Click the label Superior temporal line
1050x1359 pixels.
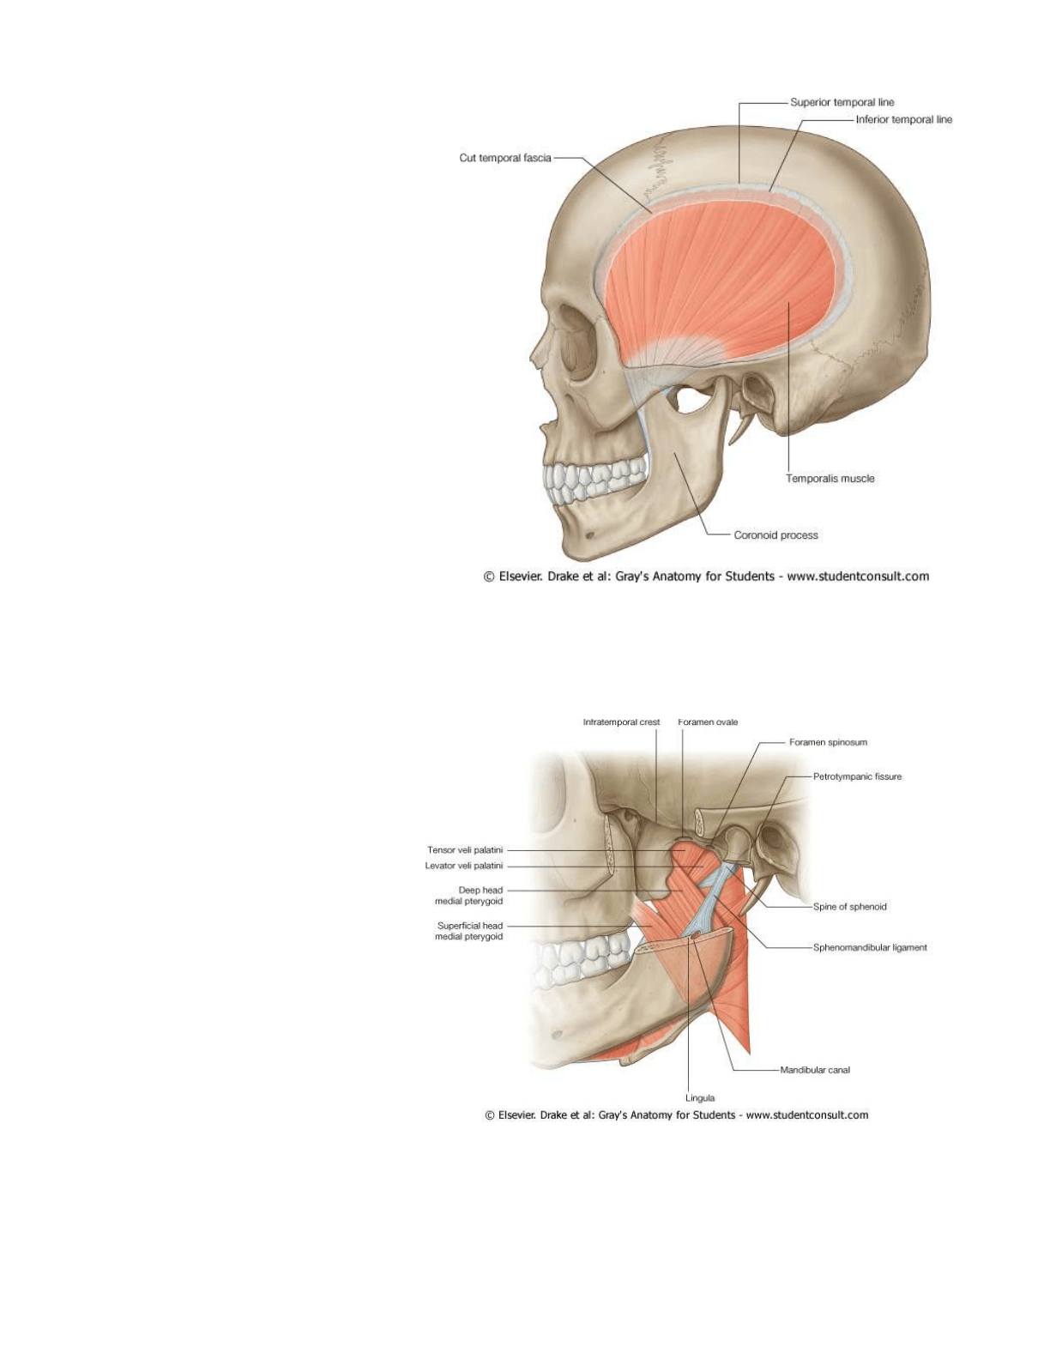(x=842, y=102)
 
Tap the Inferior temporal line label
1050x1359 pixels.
(x=903, y=119)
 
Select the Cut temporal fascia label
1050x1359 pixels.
(x=505, y=158)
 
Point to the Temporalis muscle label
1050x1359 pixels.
(x=830, y=479)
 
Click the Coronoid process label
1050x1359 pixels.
(x=775, y=535)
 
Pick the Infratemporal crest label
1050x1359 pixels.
(x=621, y=722)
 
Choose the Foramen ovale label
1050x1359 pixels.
(x=708, y=722)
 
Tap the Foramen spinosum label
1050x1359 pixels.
(x=828, y=742)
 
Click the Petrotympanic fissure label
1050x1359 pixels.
(x=857, y=776)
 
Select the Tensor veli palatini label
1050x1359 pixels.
(x=465, y=850)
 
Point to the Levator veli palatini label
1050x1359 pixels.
(x=464, y=866)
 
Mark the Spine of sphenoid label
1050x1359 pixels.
(x=849, y=907)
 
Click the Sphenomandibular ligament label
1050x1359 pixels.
(x=870, y=948)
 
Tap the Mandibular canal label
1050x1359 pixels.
(x=815, y=1070)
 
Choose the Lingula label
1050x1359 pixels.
(x=700, y=1098)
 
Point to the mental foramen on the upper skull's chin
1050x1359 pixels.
(x=591, y=536)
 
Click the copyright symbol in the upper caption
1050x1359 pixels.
(x=489, y=577)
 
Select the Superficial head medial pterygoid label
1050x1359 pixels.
(x=469, y=931)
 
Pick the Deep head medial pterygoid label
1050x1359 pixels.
(x=468, y=896)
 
